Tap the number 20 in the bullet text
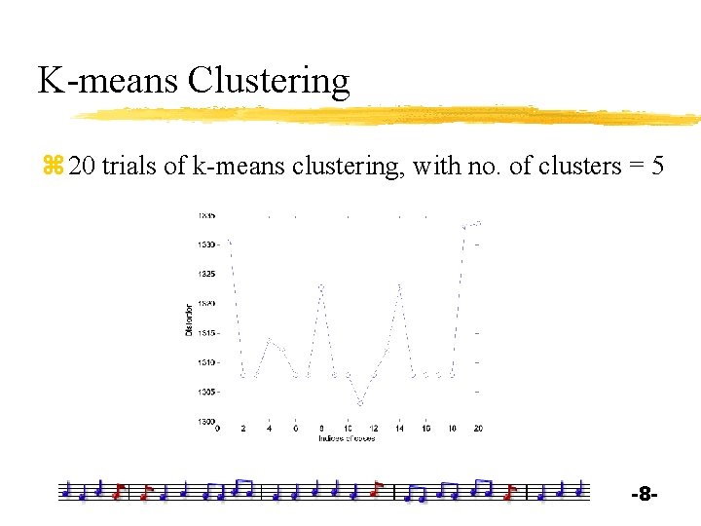(x=83, y=167)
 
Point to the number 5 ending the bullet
(x=657, y=167)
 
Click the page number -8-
(x=645, y=496)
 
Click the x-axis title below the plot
(x=347, y=438)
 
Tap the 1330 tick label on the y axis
(x=205, y=244)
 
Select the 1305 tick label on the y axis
(x=205, y=392)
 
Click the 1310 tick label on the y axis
(x=205, y=362)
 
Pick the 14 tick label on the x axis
(x=399, y=429)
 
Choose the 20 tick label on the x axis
(x=477, y=429)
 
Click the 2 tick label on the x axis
(x=243, y=429)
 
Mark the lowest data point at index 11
(x=360, y=402)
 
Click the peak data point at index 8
(x=321, y=286)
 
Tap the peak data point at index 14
(x=399, y=285)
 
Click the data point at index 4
(x=270, y=340)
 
